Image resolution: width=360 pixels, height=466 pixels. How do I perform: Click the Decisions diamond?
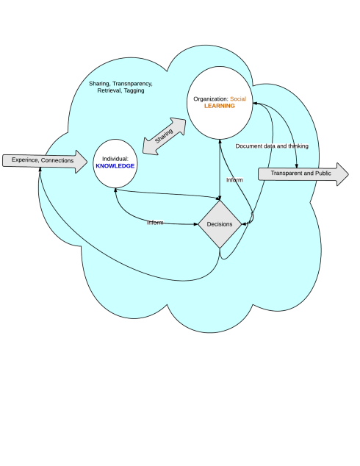220,224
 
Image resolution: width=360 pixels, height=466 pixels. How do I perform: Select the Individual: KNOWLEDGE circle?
115,162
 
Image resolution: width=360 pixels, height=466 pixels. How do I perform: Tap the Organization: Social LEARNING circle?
220,102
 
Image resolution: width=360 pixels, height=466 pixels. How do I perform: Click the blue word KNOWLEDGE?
115,167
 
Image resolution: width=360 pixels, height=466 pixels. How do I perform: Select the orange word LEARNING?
220,106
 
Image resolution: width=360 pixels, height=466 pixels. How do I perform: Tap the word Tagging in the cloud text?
134,91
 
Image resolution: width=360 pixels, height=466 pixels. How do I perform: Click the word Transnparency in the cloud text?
133,83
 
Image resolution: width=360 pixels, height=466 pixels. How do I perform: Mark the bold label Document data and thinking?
272,146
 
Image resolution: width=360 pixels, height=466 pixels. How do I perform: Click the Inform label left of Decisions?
154,221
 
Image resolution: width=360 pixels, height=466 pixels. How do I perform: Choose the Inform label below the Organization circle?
234,179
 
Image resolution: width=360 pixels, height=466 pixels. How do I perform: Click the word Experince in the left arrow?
25,160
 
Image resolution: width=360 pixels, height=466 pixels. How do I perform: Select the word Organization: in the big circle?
211,98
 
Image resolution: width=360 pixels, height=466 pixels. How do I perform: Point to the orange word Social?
239,98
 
